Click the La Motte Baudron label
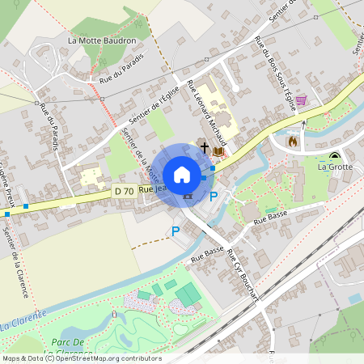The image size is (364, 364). click(x=101, y=40)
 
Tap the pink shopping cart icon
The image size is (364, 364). click(x=301, y=100)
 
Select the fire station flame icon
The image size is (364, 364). click(x=293, y=141)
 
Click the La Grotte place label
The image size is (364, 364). click(x=335, y=167)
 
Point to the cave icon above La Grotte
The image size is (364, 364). click(x=334, y=155)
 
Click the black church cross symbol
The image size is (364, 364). click(x=205, y=149)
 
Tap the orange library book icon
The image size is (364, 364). click(x=218, y=150)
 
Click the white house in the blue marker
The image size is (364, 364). click(x=182, y=174)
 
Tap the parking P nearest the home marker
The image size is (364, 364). click(x=214, y=196)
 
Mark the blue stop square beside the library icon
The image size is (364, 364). click(x=212, y=168)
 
